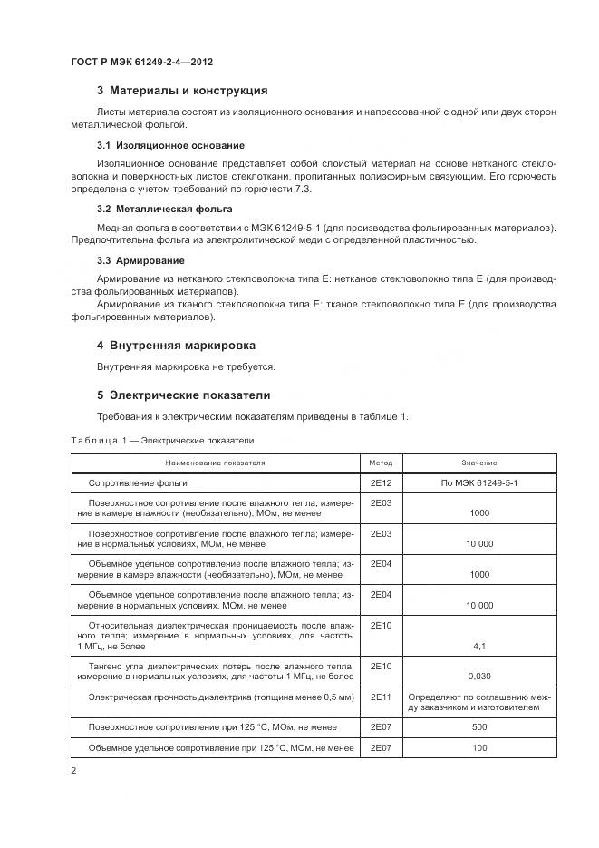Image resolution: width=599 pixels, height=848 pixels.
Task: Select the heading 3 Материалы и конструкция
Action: tap(181, 91)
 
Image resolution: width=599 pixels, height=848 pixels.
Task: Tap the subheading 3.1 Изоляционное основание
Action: tap(170, 145)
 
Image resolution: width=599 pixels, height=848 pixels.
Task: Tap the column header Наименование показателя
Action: tap(215, 463)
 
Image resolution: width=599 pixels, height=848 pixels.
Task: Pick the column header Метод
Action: tap(381, 463)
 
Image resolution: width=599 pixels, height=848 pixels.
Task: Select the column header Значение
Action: tap(479, 463)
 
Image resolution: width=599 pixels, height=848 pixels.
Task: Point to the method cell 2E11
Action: tap(381, 696)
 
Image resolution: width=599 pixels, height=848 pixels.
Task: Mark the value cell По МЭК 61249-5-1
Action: tap(479, 483)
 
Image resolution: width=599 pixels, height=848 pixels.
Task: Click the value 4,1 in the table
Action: tap(479, 646)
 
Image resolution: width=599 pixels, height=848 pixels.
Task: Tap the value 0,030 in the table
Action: tap(479, 677)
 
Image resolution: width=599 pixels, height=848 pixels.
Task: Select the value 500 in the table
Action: tap(479, 727)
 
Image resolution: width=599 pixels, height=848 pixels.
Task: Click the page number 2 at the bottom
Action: tap(73, 771)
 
